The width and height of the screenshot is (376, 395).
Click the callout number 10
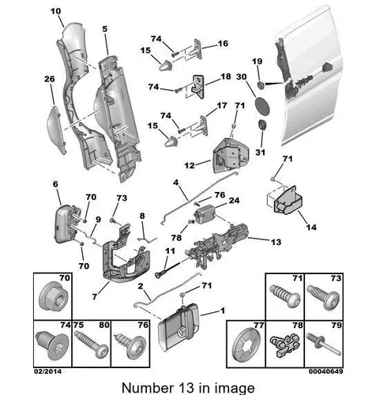[x=55, y=11]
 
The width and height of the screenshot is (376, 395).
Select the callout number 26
[x=50, y=79]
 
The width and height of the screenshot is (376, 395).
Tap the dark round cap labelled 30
[x=262, y=106]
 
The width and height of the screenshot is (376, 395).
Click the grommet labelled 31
[x=262, y=125]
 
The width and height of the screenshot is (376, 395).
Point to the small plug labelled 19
[x=261, y=85]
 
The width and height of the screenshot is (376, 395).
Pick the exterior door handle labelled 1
[x=179, y=326]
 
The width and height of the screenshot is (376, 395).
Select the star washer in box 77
[x=246, y=344]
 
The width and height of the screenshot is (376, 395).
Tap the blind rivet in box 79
[x=324, y=344]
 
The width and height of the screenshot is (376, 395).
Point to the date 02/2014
[x=47, y=371]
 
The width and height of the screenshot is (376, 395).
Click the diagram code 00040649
[x=326, y=371]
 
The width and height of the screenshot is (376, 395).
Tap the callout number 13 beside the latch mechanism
[x=276, y=242]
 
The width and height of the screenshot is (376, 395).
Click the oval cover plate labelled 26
[x=56, y=129]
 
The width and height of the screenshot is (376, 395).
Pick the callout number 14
[x=311, y=227]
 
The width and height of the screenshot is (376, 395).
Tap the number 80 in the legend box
[x=104, y=325]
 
